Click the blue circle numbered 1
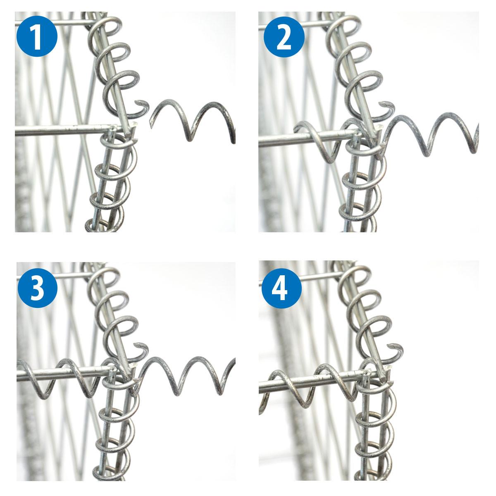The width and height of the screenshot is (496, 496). [x=37, y=36]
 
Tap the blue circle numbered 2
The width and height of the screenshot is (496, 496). [x=284, y=36]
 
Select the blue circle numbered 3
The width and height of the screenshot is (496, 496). [x=38, y=288]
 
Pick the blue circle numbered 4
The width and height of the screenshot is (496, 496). [x=281, y=288]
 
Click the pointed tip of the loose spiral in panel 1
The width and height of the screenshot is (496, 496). [x=151, y=126]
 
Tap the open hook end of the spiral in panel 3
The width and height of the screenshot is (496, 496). [x=136, y=345]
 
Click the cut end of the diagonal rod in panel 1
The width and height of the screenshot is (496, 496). [x=134, y=126]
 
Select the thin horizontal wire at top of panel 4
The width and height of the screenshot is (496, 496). [x=301, y=277]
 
